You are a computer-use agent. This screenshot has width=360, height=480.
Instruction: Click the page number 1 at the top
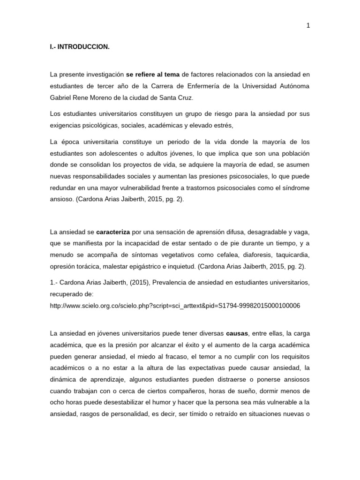pyautogui.click(x=308, y=26)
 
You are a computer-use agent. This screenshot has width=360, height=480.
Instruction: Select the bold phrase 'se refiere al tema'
pyautogui.click(x=153, y=75)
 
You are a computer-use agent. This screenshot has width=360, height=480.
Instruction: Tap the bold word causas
pyautogui.click(x=237, y=333)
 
